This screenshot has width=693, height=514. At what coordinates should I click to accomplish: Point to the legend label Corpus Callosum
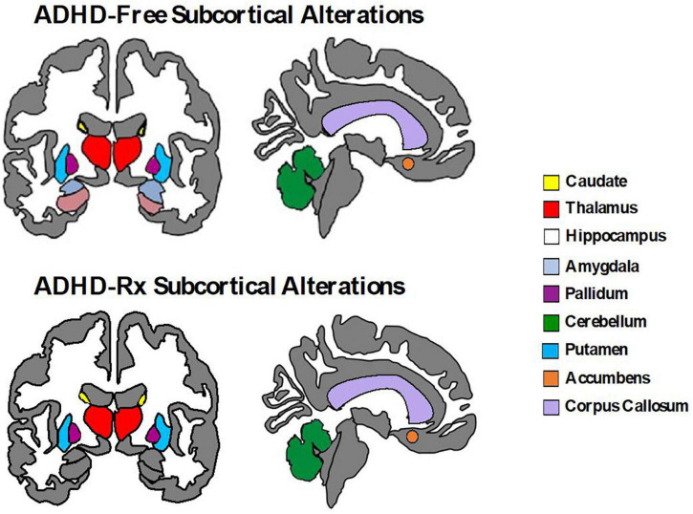626,406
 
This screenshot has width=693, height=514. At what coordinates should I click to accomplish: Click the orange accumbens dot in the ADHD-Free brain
408,163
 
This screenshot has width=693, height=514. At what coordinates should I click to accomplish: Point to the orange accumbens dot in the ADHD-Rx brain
412,436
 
